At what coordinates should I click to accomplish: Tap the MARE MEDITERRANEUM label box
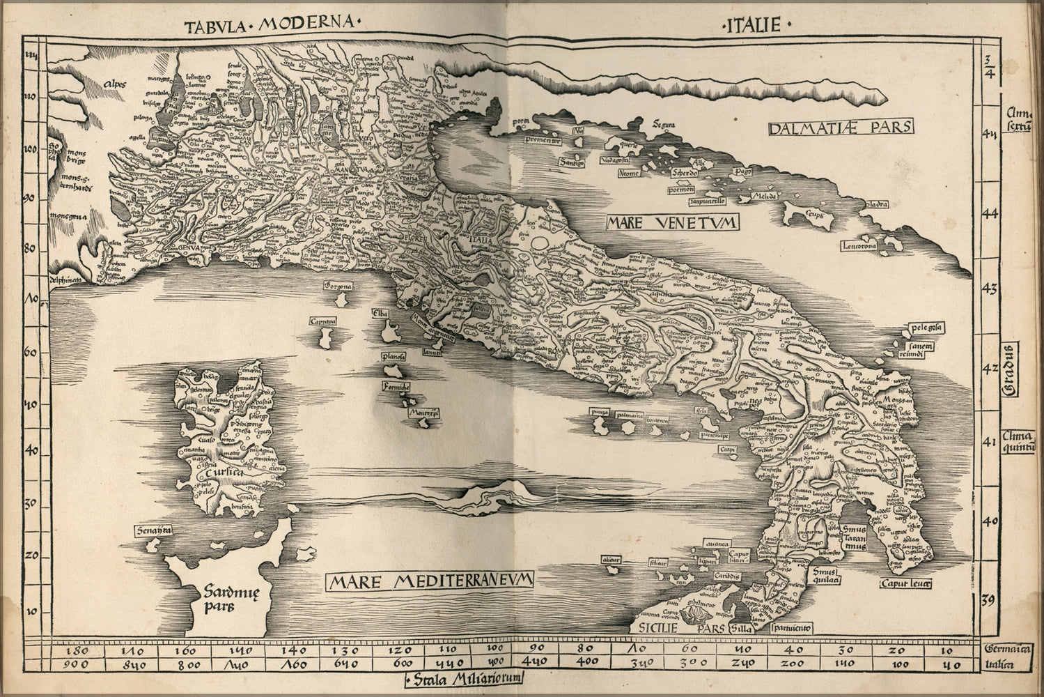[x=432, y=581]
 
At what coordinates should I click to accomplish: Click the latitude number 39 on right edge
[x=990, y=600]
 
